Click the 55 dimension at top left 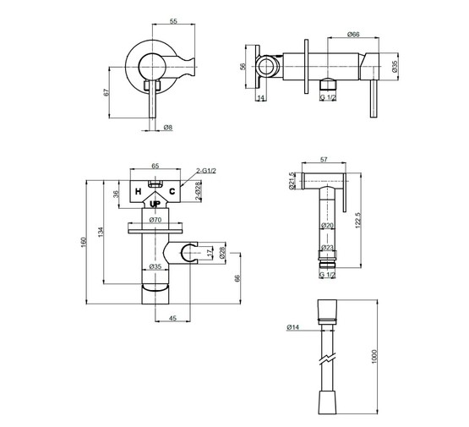coord(173,21)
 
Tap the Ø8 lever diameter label coord(168,128)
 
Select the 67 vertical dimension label coord(106,92)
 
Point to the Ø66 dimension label coord(353,35)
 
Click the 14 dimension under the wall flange coord(261,98)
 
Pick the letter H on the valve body coord(138,191)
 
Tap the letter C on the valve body coord(172,191)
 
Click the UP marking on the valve coord(155,204)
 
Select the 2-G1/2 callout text coord(206,171)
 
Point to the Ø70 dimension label coord(155,220)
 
